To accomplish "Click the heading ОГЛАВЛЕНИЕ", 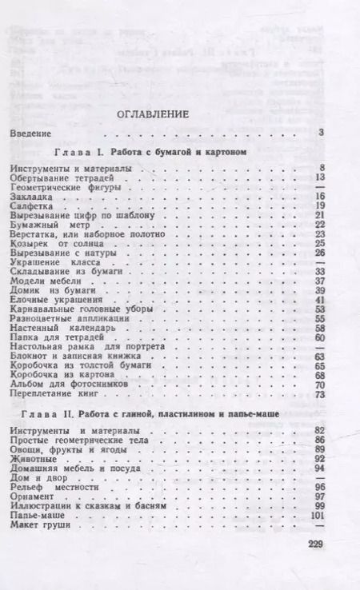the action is tap(152, 114).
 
